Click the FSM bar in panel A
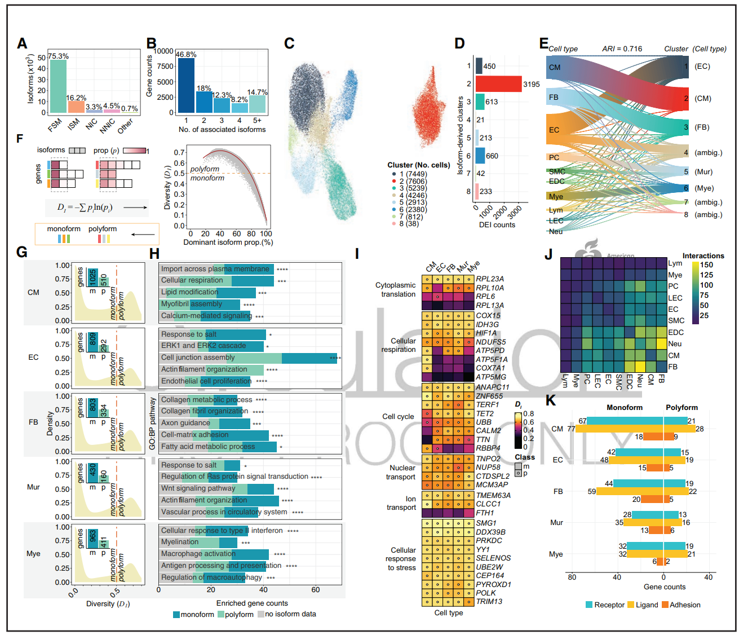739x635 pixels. tap(58, 86)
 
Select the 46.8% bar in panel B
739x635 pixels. tap(185, 85)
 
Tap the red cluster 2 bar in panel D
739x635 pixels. tap(498, 84)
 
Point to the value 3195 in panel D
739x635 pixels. tap(531, 85)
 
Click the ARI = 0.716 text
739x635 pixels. tap(622, 49)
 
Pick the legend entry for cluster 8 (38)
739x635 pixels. tap(410, 224)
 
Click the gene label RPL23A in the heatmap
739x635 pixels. tap(489, 279)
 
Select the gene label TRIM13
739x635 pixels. tap(489, 601)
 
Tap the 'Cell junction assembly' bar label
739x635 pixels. tap(198, 358)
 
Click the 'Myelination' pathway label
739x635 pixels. tap(180, 542)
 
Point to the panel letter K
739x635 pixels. tap(551, 401)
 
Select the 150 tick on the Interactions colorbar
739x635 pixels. tap(706, 265)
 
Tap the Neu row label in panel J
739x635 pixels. tap(675, 343)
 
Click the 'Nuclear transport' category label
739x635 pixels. tap(401, 473)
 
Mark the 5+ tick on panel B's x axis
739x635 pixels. tap(257, 121)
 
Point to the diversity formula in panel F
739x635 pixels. tap(85, 208)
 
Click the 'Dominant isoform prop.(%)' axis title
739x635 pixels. tap(228, 242)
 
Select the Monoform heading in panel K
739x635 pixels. tap(624, 408)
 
